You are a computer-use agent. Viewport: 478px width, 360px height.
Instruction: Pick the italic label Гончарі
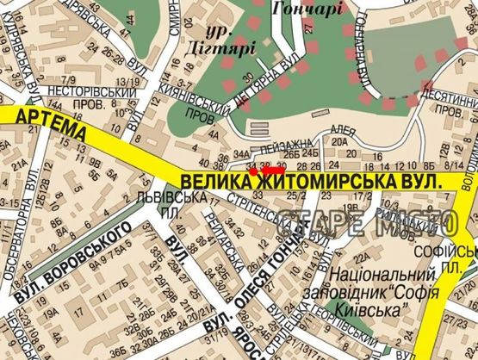307,9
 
